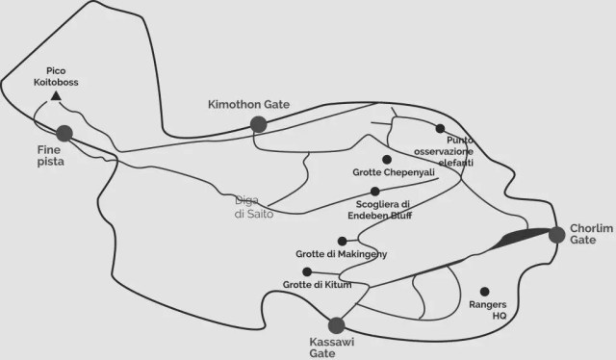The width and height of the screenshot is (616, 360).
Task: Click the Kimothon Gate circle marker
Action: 258,123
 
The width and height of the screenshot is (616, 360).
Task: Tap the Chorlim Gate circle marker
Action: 556,234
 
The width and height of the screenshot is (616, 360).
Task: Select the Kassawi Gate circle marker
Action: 336,325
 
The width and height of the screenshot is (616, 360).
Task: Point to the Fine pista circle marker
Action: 64,133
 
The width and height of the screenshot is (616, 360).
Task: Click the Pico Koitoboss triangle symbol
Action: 56,96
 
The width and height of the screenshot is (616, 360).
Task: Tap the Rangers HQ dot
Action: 484,291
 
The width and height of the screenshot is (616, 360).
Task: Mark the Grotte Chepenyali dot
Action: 386,159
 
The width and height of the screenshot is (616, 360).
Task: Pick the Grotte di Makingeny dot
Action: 342,241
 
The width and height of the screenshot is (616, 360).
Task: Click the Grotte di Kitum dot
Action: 307,271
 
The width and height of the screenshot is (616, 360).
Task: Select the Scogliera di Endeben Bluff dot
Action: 374,192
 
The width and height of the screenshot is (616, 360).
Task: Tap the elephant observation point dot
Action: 440,128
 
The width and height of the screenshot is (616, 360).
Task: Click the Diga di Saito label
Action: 255,208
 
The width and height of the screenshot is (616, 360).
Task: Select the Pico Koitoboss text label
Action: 62,77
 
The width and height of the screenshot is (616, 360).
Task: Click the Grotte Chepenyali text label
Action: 383,173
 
